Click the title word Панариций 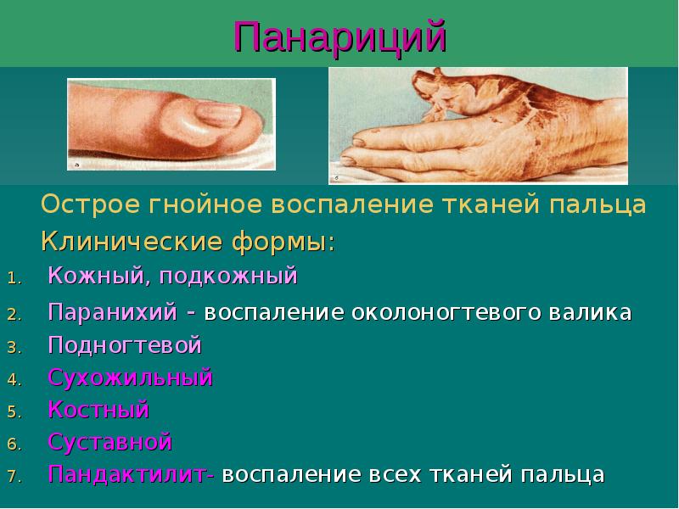click(x=339, y=37)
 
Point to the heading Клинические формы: click(x=188, y=243)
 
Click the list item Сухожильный click(x=130, y=378)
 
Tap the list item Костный click(x=98, y=410)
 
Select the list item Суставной click(x=109, y=442)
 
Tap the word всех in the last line click(x=395, y=474)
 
